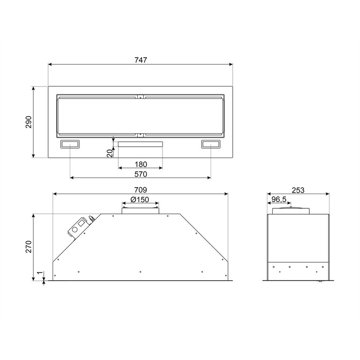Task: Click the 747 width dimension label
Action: (x=140, y=60)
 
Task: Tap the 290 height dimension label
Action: (x=29, y=122)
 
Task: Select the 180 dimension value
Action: (x=140, y=164)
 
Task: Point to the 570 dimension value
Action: (x=140, y=174)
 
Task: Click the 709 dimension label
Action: (x=140, y=190)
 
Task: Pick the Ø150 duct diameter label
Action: (x=140, y=199)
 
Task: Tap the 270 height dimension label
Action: (x=29, y=247)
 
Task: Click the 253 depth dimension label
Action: (x=298, y=190)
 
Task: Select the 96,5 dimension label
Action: (x=279, y=199)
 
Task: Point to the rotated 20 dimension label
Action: (x=110, y=153)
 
